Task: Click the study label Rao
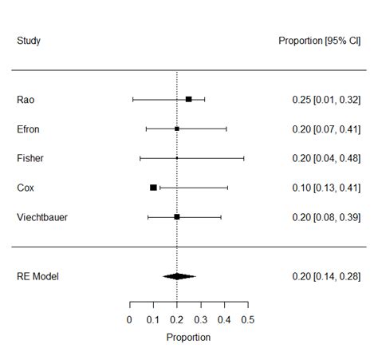click(25, 100)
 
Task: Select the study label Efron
click(28, 129)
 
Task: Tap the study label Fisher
click(30, 158)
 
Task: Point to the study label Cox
click(25, 188)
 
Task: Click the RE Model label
click(37, 276)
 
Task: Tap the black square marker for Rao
click(189, 99)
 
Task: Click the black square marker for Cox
click(153, 188)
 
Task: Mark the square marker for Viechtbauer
click(177, 216)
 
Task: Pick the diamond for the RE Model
click(179, 276)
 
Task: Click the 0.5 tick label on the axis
click(247, 320)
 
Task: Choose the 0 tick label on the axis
click(129, 320)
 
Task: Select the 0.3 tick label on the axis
click(200, 320)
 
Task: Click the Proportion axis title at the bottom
click(188, 338)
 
